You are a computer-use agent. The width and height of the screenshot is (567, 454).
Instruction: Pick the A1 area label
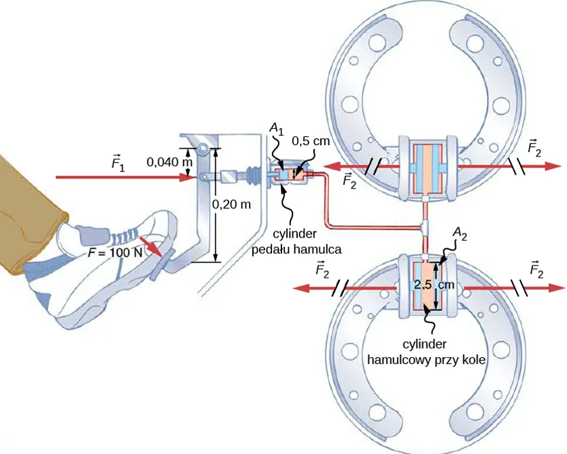(x=275, y=127)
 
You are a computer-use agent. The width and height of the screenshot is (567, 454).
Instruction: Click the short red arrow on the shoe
(x=152, y=246)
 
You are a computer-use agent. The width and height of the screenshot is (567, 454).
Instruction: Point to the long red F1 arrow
(x=122, y=178)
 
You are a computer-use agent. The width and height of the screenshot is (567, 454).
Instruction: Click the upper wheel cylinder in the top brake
(x=425, y=167)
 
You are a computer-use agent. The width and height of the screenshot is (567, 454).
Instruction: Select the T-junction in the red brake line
(x=424, y=225)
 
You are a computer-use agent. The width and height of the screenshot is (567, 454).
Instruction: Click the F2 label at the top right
(x=535, y=146)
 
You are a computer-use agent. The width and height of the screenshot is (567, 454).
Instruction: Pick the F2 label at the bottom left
(x=324, y=270)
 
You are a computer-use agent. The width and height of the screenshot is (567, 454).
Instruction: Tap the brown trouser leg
(x=27, y=211)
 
